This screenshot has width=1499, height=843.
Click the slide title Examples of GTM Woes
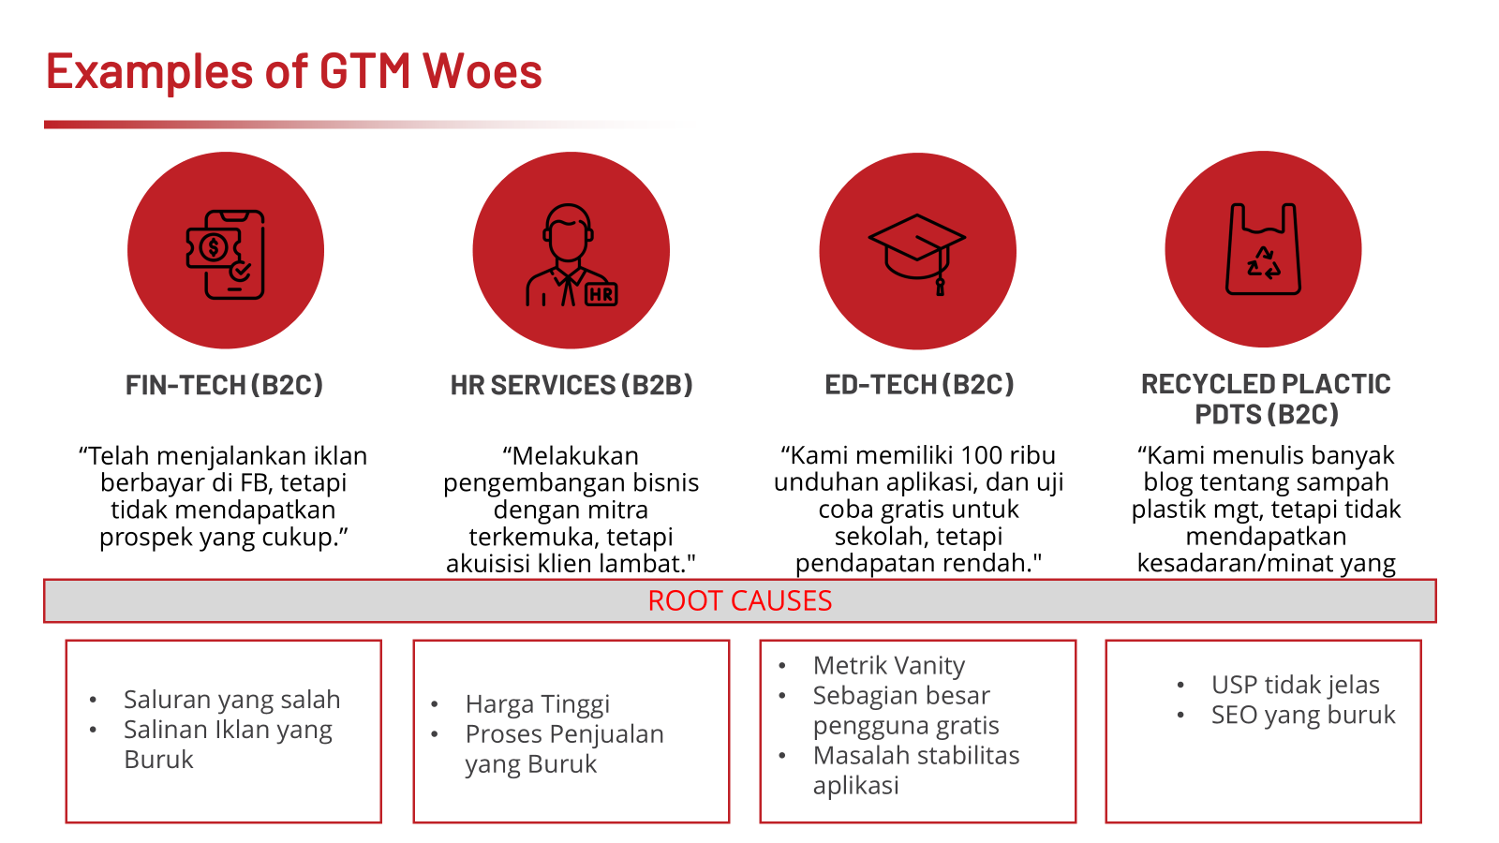point(294,71)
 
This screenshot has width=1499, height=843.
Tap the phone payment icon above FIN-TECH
point(226,254)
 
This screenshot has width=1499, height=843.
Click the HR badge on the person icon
point(601,294)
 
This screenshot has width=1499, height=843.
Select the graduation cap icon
point(917,254)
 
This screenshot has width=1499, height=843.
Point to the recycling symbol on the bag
point(1264,263)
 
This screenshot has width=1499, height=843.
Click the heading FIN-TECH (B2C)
point(224,385)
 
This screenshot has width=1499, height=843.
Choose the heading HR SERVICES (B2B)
point(571,385)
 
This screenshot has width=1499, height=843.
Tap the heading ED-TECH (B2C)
point(919,385)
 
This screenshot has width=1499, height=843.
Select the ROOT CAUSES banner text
point(739,600)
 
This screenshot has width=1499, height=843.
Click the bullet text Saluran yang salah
point(231,700)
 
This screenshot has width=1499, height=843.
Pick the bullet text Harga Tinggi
point(538,703)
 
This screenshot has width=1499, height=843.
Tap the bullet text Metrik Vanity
point(889,666)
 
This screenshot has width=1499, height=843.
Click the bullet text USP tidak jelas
point(1295,685)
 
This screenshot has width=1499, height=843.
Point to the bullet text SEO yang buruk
point(1303,716)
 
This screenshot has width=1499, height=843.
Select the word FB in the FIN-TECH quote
point(258,482)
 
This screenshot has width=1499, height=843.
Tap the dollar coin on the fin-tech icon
point(214,248)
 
